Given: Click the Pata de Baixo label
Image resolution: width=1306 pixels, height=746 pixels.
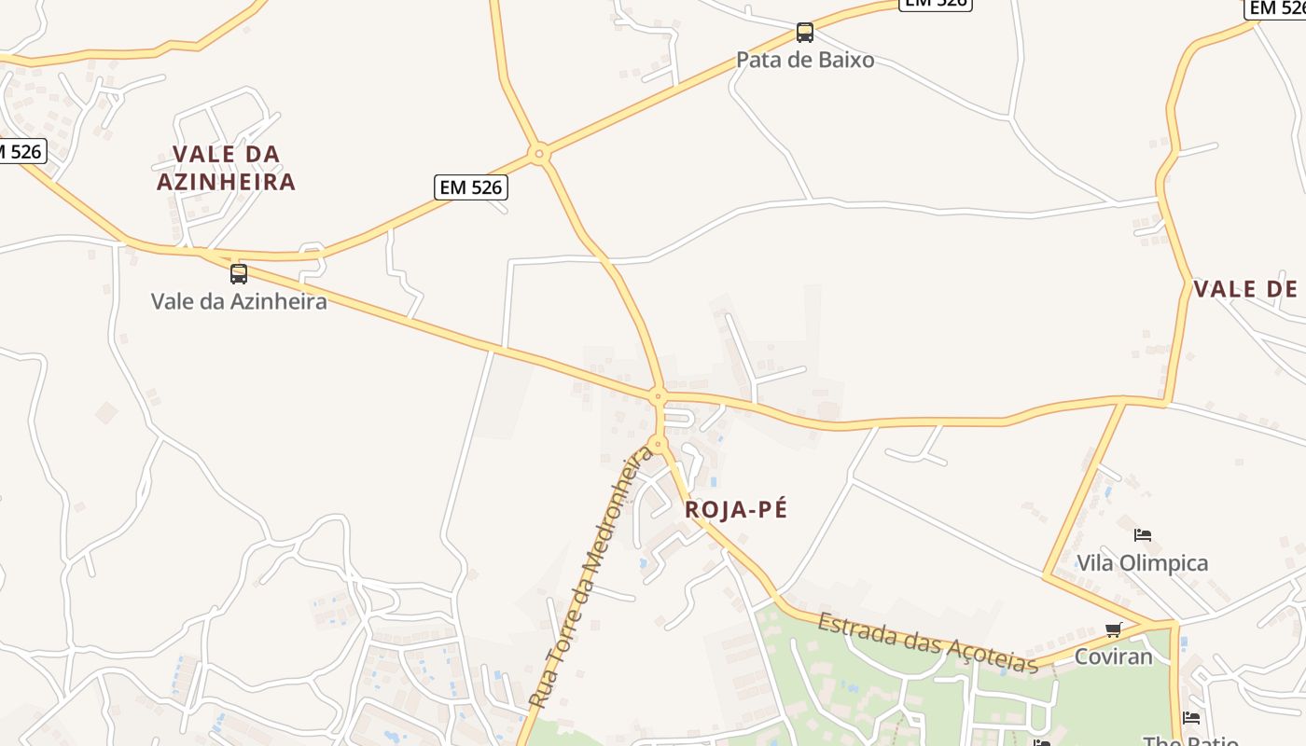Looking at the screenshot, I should (x=805, y=60).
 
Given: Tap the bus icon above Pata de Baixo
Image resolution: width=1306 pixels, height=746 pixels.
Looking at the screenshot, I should (x=805, y=33).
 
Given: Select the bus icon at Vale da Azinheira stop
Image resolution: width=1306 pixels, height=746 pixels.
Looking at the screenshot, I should (x=239, y=273).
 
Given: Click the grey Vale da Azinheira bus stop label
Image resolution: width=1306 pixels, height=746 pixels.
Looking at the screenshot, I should (x=239, y=301).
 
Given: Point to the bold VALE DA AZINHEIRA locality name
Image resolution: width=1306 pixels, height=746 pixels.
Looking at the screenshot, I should (x=226, y=168).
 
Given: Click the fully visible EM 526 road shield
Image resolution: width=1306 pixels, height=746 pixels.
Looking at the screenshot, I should (x=471, y=187).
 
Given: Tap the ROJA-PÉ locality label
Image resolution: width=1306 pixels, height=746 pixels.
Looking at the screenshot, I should (x=736, y=509).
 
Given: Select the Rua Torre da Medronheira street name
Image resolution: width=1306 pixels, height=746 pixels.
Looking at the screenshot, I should (x=591, y=576).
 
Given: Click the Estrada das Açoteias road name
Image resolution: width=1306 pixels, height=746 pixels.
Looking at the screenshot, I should (x=928, y=642).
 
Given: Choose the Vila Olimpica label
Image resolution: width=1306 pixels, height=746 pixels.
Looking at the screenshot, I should (x=1142, y=563).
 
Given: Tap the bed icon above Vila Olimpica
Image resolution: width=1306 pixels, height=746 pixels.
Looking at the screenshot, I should (x=1142, y=535).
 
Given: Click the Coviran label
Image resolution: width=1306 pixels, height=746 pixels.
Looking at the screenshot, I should (x=1113, y=656).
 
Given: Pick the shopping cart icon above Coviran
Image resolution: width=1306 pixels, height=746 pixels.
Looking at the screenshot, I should (x=1113, y=630).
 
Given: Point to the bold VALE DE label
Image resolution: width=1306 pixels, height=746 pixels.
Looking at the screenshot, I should (x=1245, y=289).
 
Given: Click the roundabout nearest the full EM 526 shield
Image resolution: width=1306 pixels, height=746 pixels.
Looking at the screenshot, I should (x=539, y=154).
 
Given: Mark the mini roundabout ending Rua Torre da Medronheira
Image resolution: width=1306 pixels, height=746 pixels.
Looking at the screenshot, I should (x=659, y=444).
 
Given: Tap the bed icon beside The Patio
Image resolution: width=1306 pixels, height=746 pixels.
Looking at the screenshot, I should (x=1191, y=718).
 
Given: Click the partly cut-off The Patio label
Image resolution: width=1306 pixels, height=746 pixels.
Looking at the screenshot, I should (x=1190, y=740).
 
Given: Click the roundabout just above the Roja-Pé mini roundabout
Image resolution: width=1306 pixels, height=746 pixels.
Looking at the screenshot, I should (x=658, y=396).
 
